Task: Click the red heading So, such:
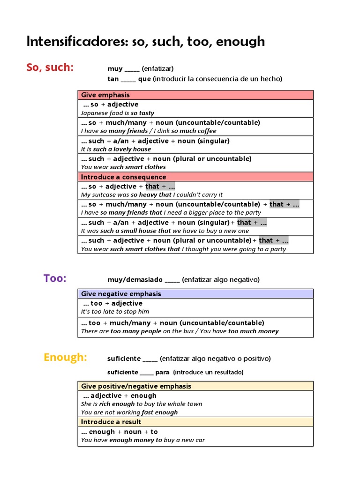(x=50, y=67)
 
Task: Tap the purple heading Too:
(x=55, y=278)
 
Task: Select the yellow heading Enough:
(x=65, y=357)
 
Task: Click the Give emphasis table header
(x=99, y=95)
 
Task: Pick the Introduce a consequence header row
(x=123, y=177)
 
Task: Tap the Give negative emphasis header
(x=121, y=293)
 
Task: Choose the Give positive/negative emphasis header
(x=136, y=386)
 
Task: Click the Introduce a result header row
(x=111, y=422)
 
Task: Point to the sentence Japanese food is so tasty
(x=117, y=113)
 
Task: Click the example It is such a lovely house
(x=116, y=149)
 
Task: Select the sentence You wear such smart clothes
(x=123, y=167)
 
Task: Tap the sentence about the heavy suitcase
(x=152, y=195)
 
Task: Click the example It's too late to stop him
(x=115, y=312)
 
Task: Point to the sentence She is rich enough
(x=142, y=404)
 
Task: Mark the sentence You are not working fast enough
(x=129, y=412)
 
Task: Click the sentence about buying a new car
(x=143, y=440)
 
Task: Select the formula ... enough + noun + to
(x=120, y=432)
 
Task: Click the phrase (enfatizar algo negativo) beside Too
(x=220, y=279)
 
